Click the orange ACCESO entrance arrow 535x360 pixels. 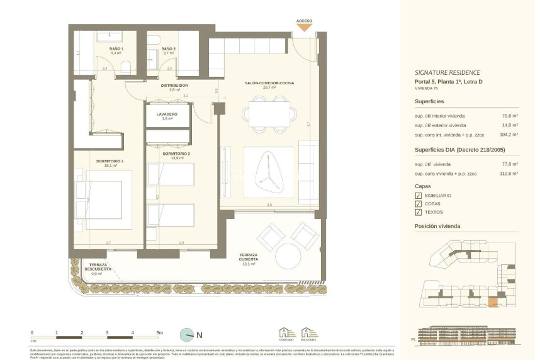[304, 28]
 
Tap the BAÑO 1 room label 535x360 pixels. [116, 48]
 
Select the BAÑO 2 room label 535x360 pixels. [168, 48]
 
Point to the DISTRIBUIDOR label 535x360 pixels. [174, 86]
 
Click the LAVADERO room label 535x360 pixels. [167, 115]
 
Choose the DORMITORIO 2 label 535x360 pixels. [176, 154]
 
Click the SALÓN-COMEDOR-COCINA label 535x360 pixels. [269, 83]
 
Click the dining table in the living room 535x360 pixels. [270, 115]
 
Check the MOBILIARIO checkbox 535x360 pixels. [419, 196]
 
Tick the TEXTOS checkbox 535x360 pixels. [419, 212]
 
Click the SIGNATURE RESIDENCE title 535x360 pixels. [447, 72]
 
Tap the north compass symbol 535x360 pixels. [187, 335]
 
